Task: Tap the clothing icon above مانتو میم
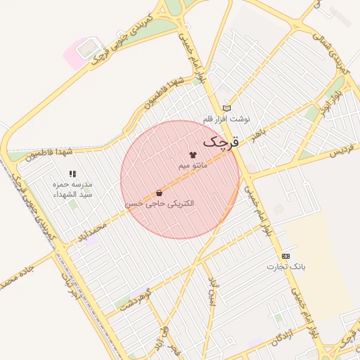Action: [192, 154]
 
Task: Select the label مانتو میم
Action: [192, 165]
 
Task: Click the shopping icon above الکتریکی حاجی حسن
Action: [160, 193]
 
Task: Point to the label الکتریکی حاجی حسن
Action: [160, 203]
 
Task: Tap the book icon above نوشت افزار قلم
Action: [226, 108]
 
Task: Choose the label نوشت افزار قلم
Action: [226, 118]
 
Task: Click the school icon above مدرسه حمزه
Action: [72, 173]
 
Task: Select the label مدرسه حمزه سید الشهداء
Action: [73, 188]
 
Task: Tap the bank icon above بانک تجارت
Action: [285, 256]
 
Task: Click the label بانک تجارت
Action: [285, 266]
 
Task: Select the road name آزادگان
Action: [281, 336]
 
